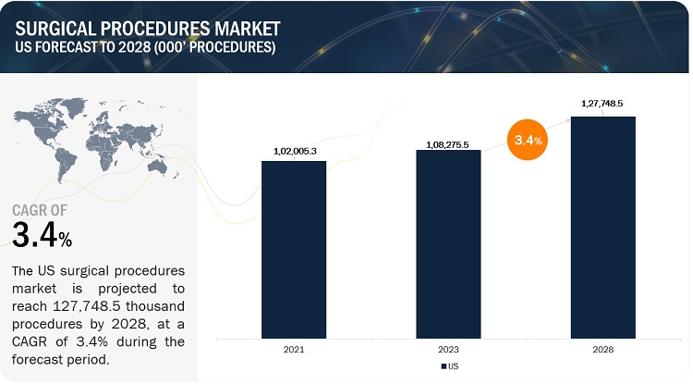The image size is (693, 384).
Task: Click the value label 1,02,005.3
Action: [294, 151]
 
